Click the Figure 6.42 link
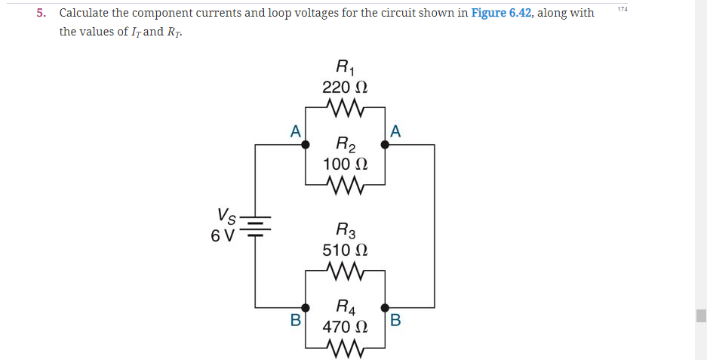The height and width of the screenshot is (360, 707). (503, 13)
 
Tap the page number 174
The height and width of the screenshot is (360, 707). (622, 8)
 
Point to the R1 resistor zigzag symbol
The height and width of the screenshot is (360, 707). (345, 107)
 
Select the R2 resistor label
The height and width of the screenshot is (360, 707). (345, 144)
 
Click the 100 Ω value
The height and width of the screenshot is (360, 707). (345, 164)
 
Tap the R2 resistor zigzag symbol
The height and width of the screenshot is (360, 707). (345, 184)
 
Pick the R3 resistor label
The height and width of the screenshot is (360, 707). (345, 229)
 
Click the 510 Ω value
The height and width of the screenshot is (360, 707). (345, 249)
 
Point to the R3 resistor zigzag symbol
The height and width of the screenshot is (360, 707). (345, 270)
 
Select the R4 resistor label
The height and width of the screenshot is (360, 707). (345, 307)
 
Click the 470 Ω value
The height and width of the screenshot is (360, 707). (345, 327)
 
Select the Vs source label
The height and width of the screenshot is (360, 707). (226, 217)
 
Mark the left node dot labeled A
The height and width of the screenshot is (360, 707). (306, 145)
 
